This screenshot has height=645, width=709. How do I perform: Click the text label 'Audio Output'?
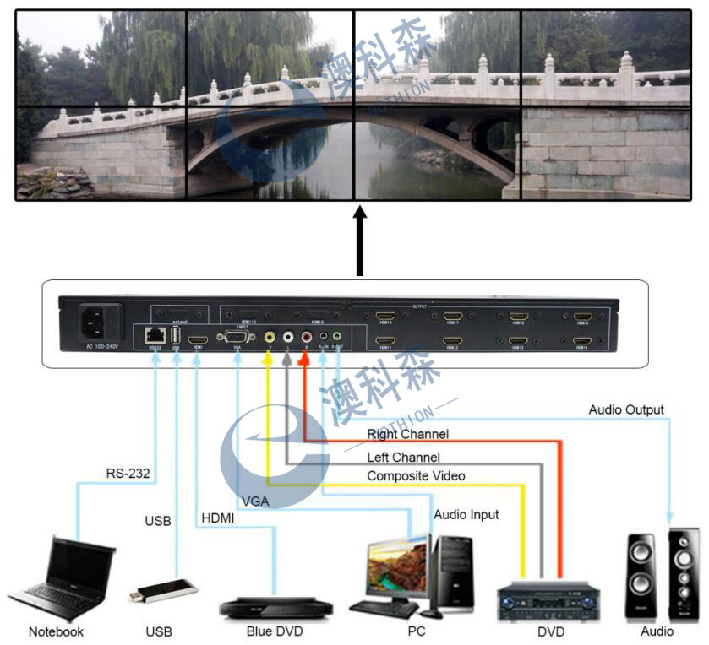click(626, 410)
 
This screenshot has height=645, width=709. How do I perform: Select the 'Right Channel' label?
click(407, 434)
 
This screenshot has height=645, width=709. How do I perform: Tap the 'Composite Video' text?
click(416, 476)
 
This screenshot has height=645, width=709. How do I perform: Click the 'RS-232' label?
click(128, 473)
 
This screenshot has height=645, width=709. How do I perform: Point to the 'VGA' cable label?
click(255, 501)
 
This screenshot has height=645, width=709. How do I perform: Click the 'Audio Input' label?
click(466, 514)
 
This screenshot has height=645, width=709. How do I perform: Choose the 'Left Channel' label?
click(403, 457)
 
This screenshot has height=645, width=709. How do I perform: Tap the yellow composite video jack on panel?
click(269, 336)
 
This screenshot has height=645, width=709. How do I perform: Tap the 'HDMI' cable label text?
click(218, 517)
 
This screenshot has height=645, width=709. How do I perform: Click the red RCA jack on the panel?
click(305, 336)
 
